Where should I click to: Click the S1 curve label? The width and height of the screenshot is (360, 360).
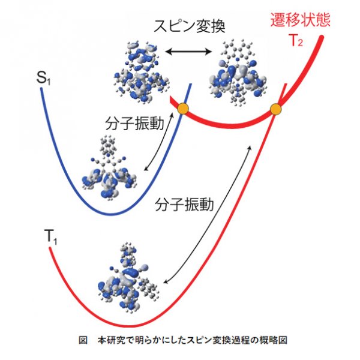[x=43, y=78]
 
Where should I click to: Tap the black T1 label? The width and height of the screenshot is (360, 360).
[x=50, y=237]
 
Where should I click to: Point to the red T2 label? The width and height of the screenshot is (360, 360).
[x=296, y=41]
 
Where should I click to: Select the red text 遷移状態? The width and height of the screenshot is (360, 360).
[x=301, y=20]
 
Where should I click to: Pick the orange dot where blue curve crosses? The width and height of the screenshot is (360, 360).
[x=183, y=108]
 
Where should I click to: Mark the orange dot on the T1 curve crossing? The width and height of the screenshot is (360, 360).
[x=275, y=109]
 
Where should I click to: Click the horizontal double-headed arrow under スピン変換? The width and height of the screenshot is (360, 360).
[x=188, y=52]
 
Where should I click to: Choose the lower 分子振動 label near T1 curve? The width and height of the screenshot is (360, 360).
[x=184, y=205]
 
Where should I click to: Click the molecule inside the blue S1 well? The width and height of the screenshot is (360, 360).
[x=109, y=168]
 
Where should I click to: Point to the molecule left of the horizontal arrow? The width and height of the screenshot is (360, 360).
[x=142, y=73]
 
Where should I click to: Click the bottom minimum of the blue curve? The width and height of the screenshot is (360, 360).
[x=110, y=214]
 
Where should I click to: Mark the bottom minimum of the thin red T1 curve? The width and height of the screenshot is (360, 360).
[x=131, y=326]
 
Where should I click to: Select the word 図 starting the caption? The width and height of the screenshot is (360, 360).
[x=83, y=340]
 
